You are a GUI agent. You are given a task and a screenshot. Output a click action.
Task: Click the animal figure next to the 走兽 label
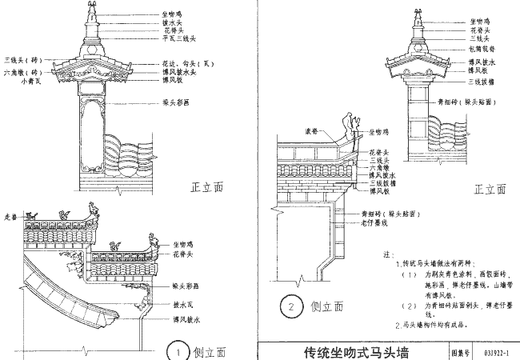(x=33, y=214)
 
